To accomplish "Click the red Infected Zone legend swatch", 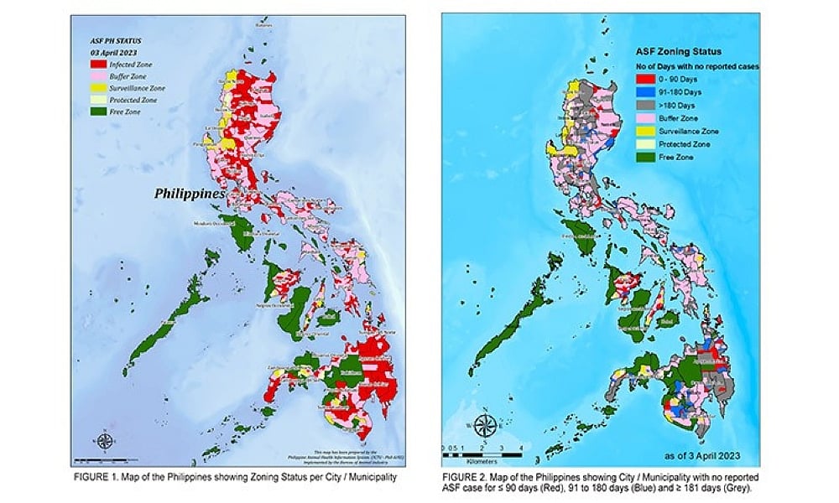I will [x=102, y=61].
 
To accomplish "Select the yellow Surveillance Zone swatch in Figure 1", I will [x=102, y=87].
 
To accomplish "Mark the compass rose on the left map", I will [x=104, y=440].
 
